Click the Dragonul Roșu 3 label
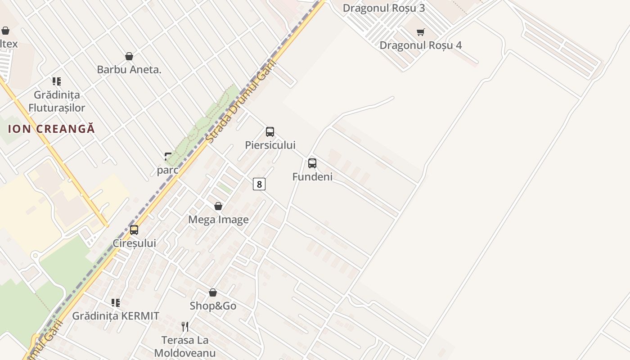click(x=383, y=8)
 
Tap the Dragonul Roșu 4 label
click(x=420, y=45)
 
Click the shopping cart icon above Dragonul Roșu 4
click(x=420, y=32)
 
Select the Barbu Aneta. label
click(x=129, y=69)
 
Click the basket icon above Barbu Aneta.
click(x=129, y=56)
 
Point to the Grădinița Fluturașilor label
click(x=57, y=101)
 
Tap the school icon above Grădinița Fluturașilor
click(x=57, y=81)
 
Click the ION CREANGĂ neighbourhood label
click(x=52, y=128)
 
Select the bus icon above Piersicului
click(x=270, y=132)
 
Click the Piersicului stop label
click(x=270, y=145)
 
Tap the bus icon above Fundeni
click(x=312, y=163)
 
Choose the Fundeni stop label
click(x=312, y=176)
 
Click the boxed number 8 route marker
click(x=259, y=184)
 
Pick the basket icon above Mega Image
click(x=218, y=206)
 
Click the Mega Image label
click(x=218, y=220)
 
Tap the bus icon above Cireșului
click(x=134, y=230)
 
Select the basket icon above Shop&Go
click(x=213, y=292)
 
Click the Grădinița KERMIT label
click(x=116, y=316)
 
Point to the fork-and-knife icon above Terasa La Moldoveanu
click(x=184, y=326)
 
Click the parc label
click(x=167, y=170)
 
